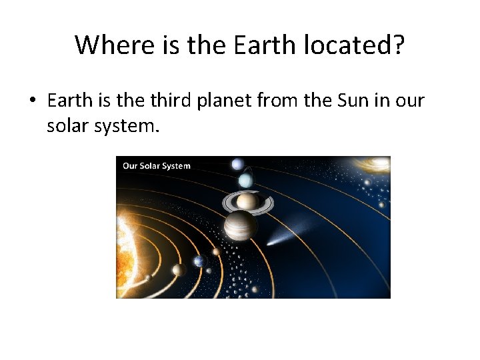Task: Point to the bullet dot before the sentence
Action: [32, 101]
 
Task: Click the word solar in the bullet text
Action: [65, 125]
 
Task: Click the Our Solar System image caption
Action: [156, 166]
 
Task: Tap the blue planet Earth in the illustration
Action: [199, 261]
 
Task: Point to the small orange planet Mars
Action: [216, 252]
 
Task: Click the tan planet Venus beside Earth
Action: [178, 269]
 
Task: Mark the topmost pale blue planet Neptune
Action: [237, 164]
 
